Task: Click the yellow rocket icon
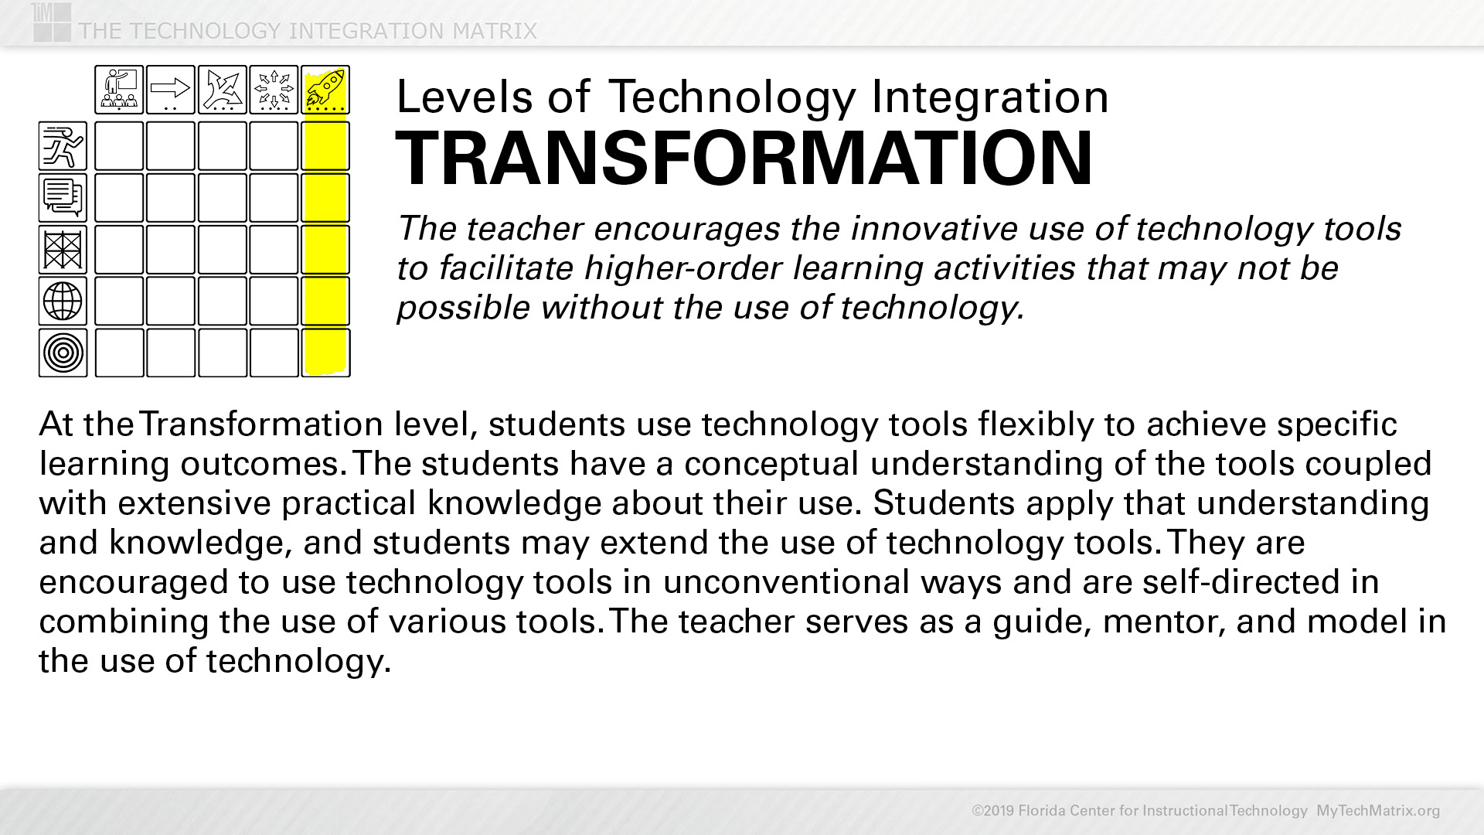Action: click(x=325, y=90)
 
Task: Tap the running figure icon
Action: click(x=63, y=145)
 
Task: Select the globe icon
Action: click(x=63, y=301)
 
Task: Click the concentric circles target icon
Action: click(x=63, y=353)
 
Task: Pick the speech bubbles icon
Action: click(x=63, y=197)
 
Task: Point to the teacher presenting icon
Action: click(x=119, y=90)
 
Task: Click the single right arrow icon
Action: click(x=171, y=90)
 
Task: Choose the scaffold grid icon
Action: click(x=63, y=249)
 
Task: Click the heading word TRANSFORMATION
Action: click(x=744, y=158)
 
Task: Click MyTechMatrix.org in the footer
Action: click(x=1378, y=811)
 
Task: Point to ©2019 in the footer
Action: click(x=993, y=811)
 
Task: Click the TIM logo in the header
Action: click(x=52, y=22)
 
